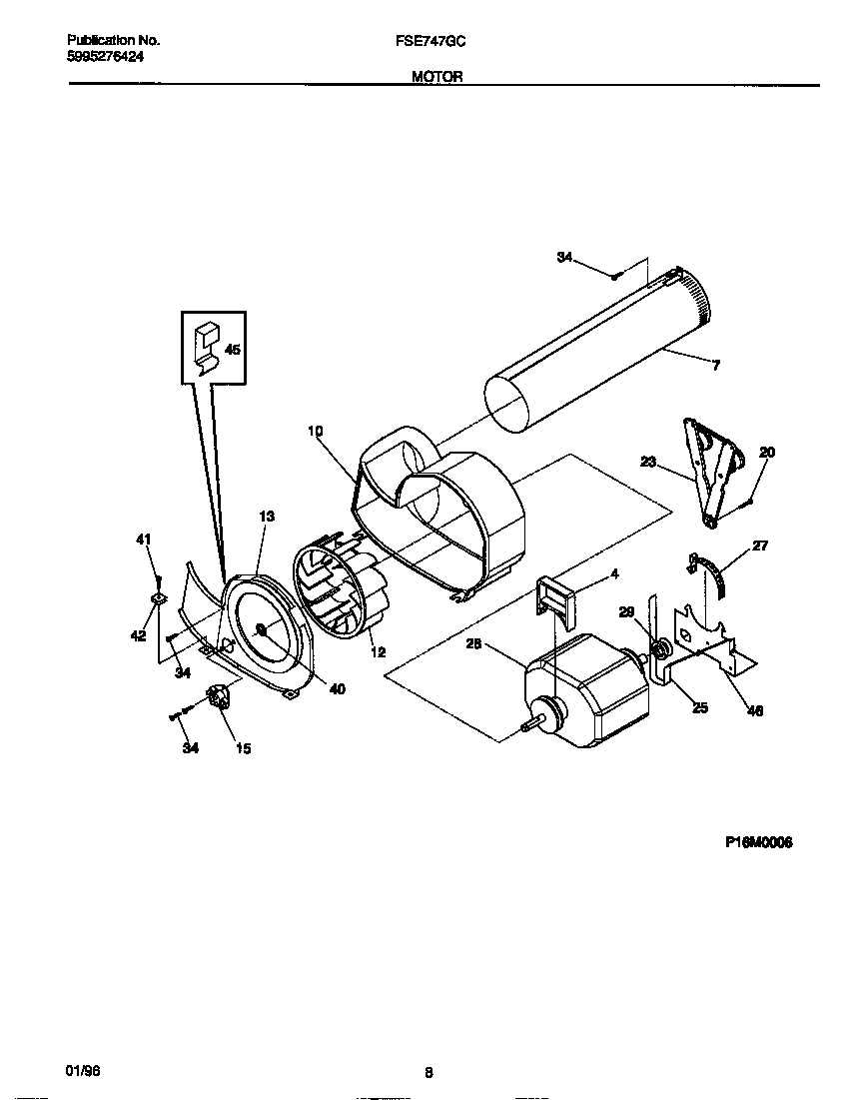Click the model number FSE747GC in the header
coord(431,41)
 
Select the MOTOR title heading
coord(437,77)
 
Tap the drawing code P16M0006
coord(759,842)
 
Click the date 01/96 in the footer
coord(83,1070)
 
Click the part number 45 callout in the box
coord(232,350)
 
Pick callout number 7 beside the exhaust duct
coord(715,366)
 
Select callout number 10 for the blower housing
coord(316,432)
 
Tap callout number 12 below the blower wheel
coord(378,652)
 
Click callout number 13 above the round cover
coord(267,517)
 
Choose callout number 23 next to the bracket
coord(648,462)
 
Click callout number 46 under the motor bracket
coord(755,711)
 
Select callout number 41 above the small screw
coord(143,540)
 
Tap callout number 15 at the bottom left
coord(244,748)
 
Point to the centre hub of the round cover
coord(261,629)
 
